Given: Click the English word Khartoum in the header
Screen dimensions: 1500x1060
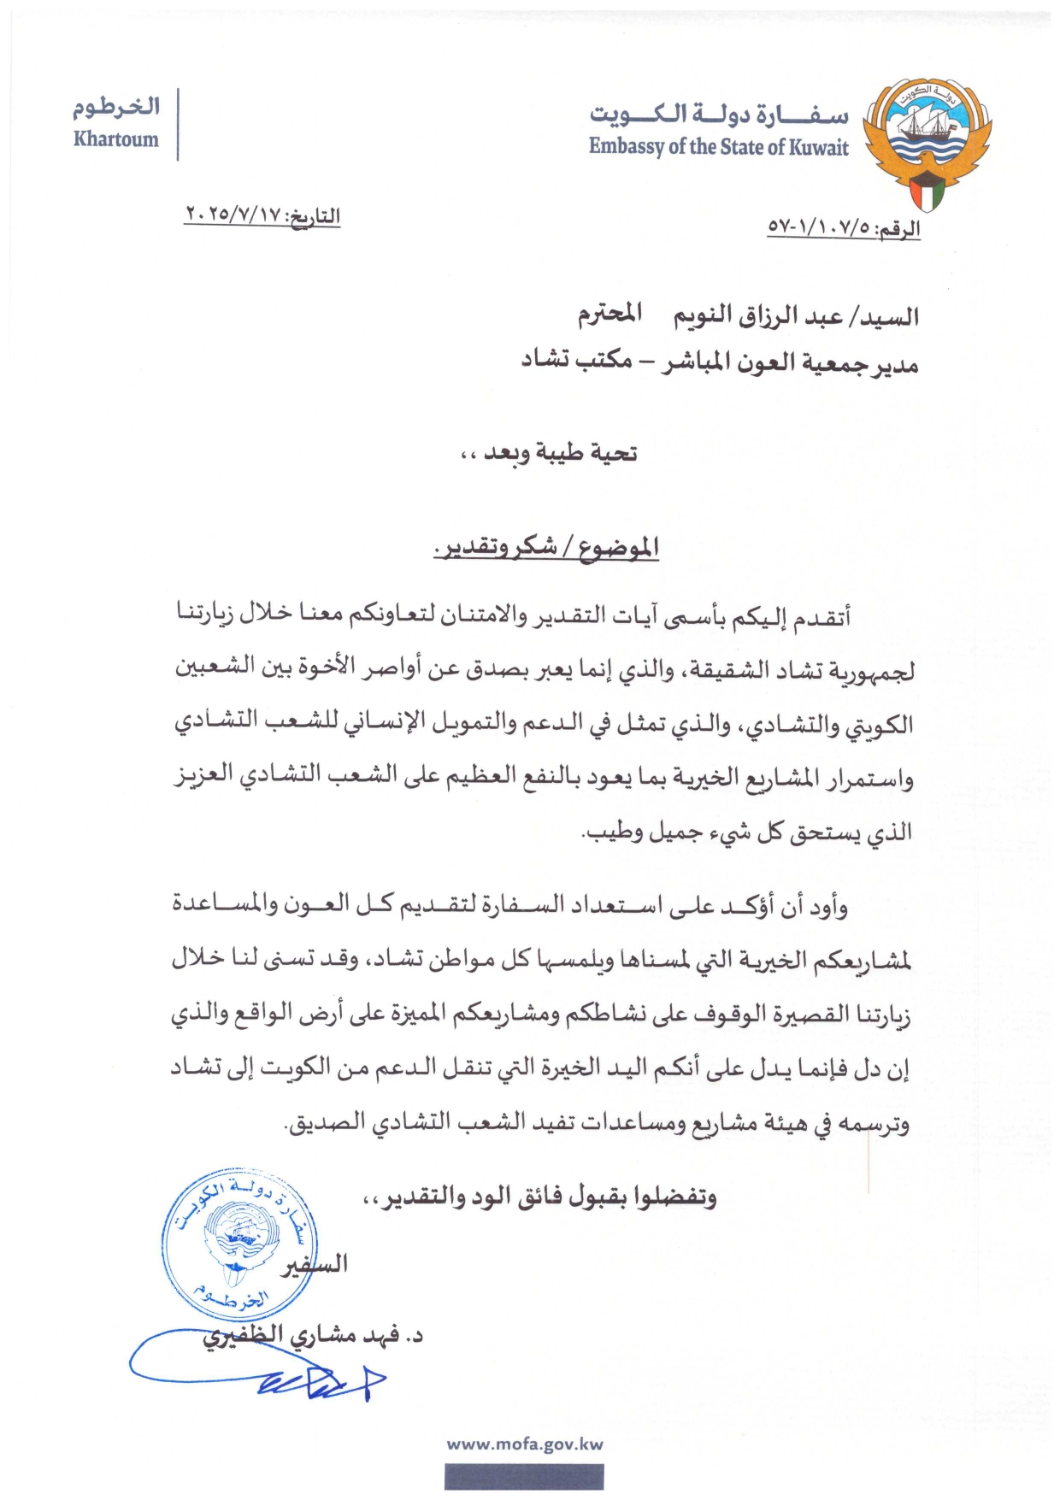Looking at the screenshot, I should (x=116, y=139).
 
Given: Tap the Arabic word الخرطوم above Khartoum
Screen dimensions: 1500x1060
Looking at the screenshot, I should (x=117, y=108).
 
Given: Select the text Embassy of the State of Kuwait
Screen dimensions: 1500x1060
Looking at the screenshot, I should (x=718, y=147).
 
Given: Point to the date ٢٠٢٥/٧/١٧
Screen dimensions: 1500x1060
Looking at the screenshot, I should (x=234, y=215).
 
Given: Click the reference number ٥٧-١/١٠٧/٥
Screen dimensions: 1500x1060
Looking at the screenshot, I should (x=821, y=228).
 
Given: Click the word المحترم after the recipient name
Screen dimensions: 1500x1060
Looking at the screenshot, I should (x=609, y=314).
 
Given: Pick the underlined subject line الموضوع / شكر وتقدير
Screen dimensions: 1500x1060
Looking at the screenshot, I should (x=547, y=547).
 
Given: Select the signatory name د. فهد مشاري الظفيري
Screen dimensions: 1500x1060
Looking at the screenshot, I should (x=313, y=1337).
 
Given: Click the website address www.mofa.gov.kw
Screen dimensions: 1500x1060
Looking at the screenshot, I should (x=525, y=1444).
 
